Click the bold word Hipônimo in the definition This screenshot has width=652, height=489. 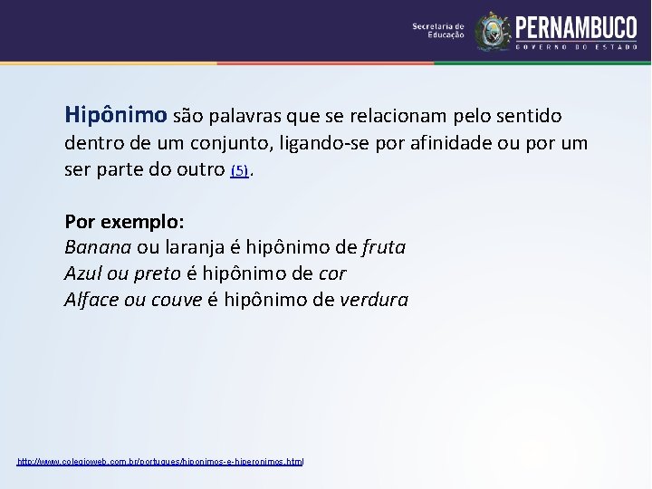pyautogui.click(x=116, y=115)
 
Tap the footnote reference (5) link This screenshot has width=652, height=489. pyautogui.click(x=239, y=170)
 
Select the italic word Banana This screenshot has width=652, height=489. pyautogui.click(x=98, y=247)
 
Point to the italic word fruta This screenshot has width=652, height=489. pyautogui.click(x=384, y=247)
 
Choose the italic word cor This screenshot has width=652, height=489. pyautogui.click(x=332, y=273)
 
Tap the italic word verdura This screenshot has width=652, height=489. pyautogui.click(x=374, y=300)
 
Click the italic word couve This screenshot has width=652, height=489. pyautogui.click(x=177, y=300)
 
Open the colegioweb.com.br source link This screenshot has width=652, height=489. pyautogui.click(x=160, y=462)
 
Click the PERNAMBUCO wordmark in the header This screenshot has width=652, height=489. pyautogui.click(x=576, y=27)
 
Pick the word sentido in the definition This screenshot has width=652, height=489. pyautogui.click(x=529, y=116)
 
